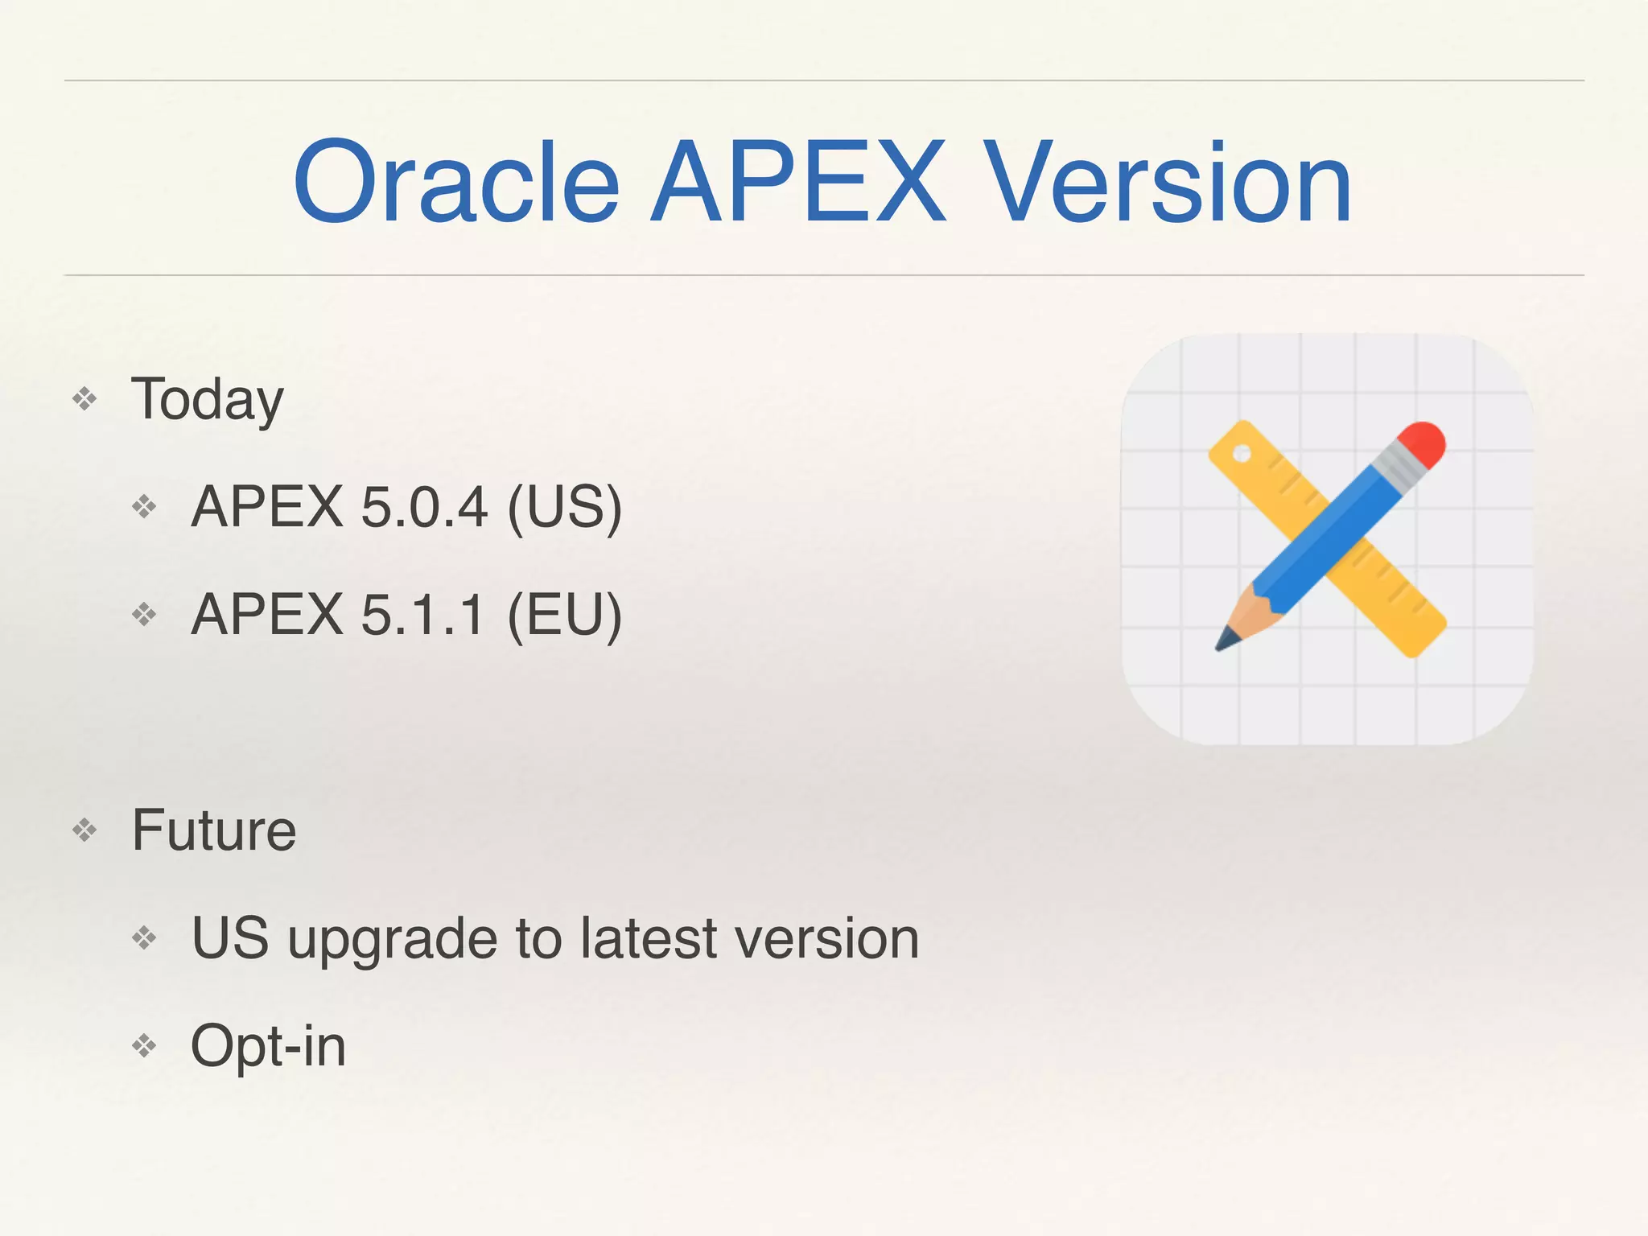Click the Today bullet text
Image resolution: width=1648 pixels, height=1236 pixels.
[208, 400]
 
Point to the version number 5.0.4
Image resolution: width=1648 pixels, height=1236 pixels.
[424, 507]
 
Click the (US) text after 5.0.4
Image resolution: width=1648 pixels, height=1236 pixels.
[565, 507]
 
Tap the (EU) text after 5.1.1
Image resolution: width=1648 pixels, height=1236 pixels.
[565, 615]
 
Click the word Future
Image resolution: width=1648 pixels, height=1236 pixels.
[214, 830]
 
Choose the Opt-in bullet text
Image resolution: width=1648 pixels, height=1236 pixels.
[268, 1046]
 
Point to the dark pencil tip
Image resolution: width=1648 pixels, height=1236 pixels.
[1226, 641]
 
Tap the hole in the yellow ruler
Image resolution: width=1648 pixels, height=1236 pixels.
[1242, 454]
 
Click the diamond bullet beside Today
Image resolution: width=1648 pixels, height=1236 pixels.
[84, 398]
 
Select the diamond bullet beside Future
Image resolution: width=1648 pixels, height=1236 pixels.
[84, 830]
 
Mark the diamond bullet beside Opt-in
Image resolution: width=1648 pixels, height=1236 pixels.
[145, 1045]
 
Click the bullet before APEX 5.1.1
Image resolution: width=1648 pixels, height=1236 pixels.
[145, 615]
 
